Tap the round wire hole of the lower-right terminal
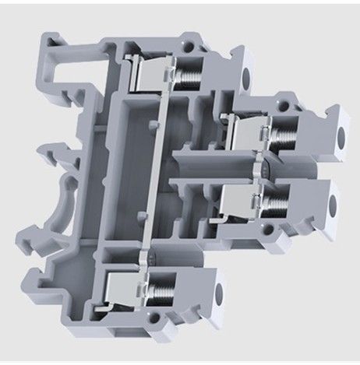click(333, 205)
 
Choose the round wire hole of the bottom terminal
click(218, 293)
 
